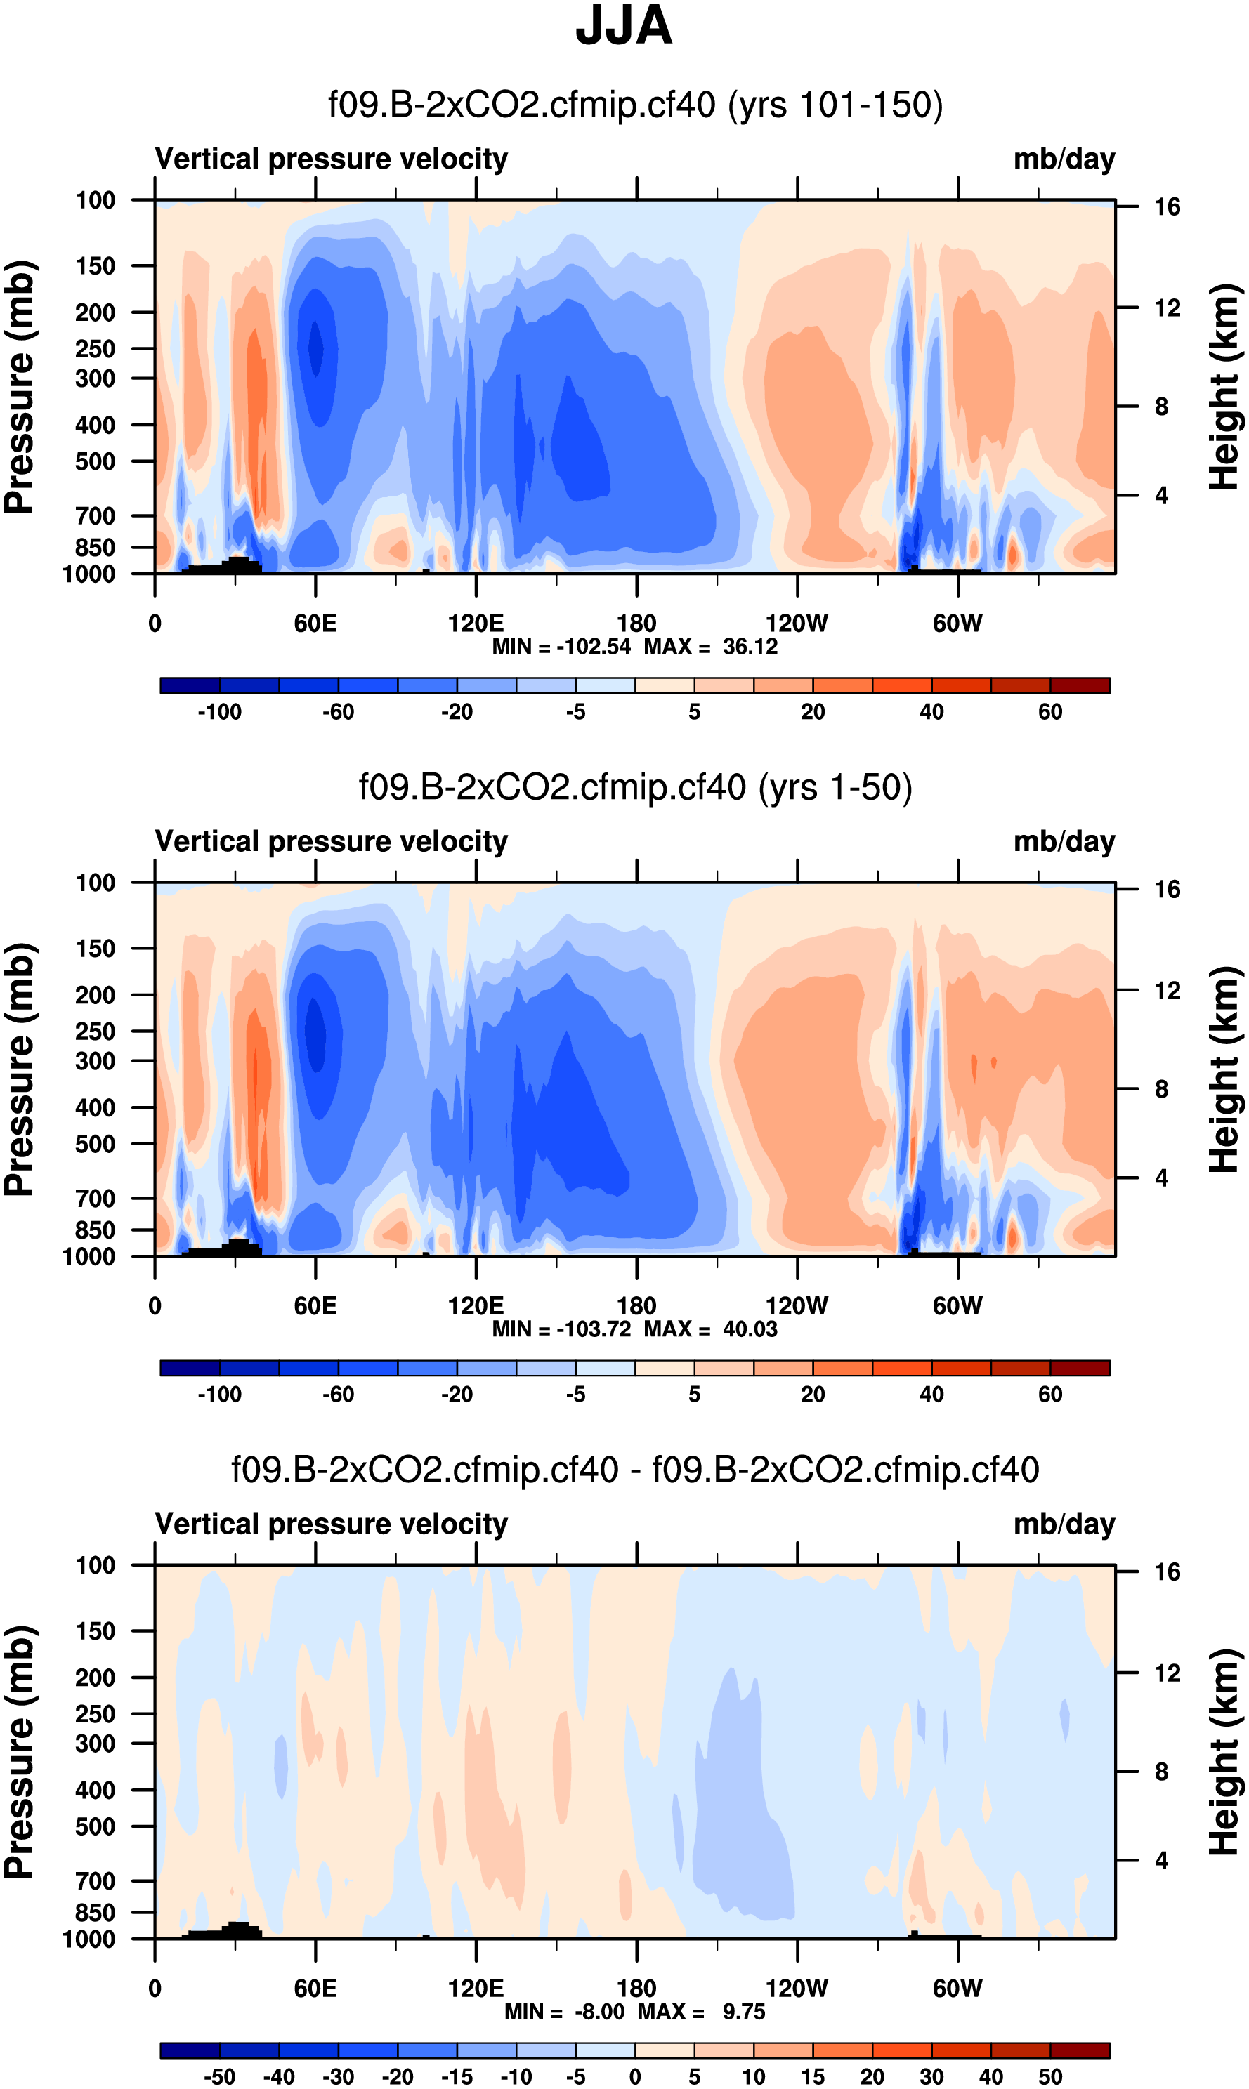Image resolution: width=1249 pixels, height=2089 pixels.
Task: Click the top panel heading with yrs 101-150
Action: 636,105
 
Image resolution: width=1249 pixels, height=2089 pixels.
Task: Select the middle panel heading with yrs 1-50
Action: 636,787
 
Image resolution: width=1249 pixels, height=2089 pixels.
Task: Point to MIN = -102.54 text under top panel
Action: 561,647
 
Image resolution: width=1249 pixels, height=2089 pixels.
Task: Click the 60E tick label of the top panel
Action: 315,624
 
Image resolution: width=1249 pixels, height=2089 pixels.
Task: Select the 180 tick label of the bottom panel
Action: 636,1988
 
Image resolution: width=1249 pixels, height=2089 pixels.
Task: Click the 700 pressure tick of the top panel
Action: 95,515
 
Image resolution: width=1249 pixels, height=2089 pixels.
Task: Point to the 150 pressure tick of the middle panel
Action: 95,948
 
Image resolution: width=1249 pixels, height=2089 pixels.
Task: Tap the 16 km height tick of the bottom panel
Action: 1167,1571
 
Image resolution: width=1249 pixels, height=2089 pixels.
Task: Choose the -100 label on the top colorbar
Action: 220,712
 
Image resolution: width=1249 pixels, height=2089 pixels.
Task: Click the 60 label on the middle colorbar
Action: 1050,1394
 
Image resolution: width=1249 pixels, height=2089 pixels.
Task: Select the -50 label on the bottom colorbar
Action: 220,2076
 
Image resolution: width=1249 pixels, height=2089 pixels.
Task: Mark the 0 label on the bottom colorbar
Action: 636,2076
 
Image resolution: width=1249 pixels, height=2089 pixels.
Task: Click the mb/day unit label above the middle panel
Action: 1064,841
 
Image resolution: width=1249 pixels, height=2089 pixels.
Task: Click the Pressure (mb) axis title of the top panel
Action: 20,387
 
